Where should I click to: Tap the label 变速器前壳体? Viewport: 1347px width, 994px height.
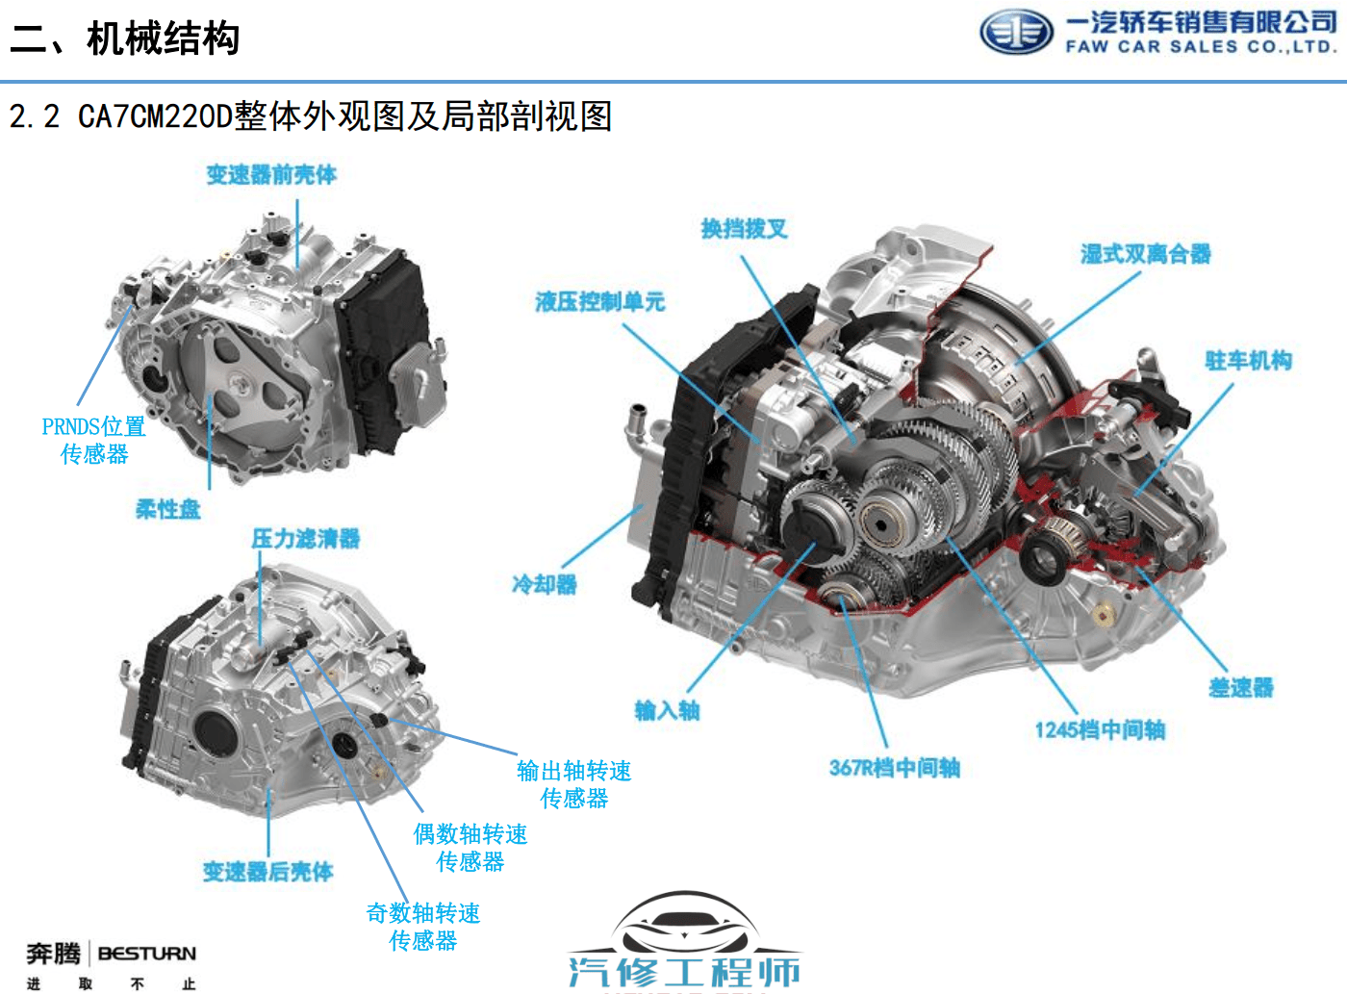271,175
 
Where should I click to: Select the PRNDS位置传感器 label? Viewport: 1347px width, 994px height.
94,440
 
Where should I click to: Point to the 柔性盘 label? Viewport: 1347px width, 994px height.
167,509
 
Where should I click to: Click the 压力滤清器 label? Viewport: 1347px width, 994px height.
305,538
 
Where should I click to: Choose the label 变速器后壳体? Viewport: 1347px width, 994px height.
267,871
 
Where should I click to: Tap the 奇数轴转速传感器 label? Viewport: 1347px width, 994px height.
423,927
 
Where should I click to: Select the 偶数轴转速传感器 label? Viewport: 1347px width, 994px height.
470,848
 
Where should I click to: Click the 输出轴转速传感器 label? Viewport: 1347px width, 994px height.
573,784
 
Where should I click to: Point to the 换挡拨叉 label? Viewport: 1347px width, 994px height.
744,229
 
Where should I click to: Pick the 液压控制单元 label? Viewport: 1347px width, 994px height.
600,301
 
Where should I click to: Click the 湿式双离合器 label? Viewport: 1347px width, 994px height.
1145,254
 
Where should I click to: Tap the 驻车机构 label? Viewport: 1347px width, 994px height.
1249,360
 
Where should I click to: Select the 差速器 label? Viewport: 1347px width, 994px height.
1241,687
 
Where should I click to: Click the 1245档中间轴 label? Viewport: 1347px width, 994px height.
1100,729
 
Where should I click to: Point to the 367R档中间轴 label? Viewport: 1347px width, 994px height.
895,768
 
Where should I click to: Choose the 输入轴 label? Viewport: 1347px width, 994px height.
667,710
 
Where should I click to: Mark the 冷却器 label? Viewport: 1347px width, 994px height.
545,584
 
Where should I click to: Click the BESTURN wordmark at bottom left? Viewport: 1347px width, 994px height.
147,954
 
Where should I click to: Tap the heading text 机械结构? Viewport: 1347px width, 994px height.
163,38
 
